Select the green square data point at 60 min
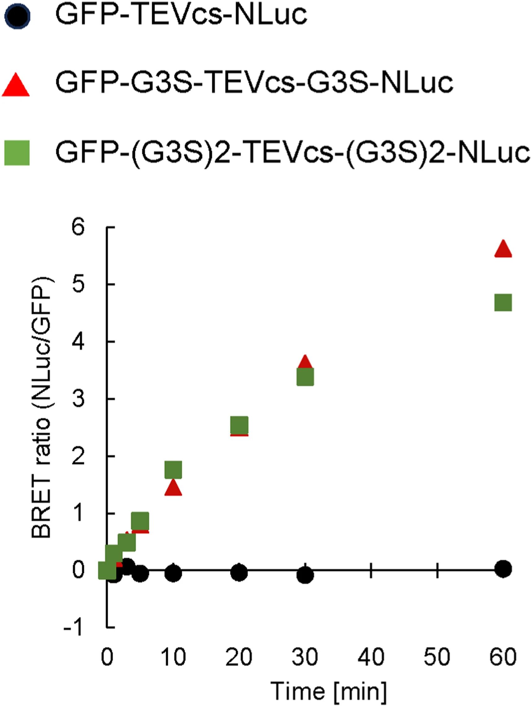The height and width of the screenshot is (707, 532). pyautogui.click(x=503, y=302)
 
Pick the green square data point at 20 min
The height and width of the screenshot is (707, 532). pyautogui.click(x=239, y=425)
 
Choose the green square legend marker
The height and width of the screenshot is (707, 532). pyautogui.click(x=17, y=153)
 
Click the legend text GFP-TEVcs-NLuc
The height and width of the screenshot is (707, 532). pyautogui.click(x=181, y=14)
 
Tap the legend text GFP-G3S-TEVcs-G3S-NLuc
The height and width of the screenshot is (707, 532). pyautogui.click(x=254, y=82)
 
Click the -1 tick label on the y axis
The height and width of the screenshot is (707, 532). pyautogui.click(x=73, y=628)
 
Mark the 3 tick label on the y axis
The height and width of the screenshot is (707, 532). pyautogui.click(x=78, y=399)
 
